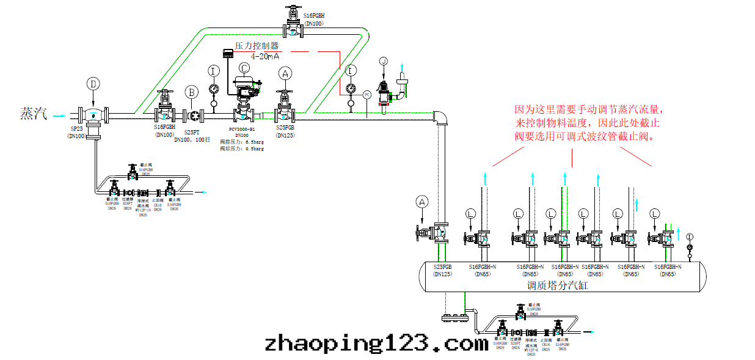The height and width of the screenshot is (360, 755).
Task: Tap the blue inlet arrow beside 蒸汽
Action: [59, 114]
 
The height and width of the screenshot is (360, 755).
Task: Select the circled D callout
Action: [93, 84]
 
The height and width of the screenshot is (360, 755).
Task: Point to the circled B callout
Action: [192, 92]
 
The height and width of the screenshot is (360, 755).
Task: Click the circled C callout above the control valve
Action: [244, 68]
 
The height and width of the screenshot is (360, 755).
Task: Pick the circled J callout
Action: [384, 61]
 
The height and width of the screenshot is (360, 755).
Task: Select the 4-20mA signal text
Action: [269, 56]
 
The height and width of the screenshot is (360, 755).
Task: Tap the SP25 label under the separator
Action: [76, 130]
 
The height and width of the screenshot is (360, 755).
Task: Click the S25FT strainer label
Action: [192, 132]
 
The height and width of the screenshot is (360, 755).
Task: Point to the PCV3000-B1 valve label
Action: [241, 129]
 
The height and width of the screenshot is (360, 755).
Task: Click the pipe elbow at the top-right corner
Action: [440, 117]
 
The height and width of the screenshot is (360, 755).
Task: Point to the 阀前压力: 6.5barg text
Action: [242, 142]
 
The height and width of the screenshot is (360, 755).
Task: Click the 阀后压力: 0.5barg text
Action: [242, 149]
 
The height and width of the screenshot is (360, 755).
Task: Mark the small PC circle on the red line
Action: [367, 94]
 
